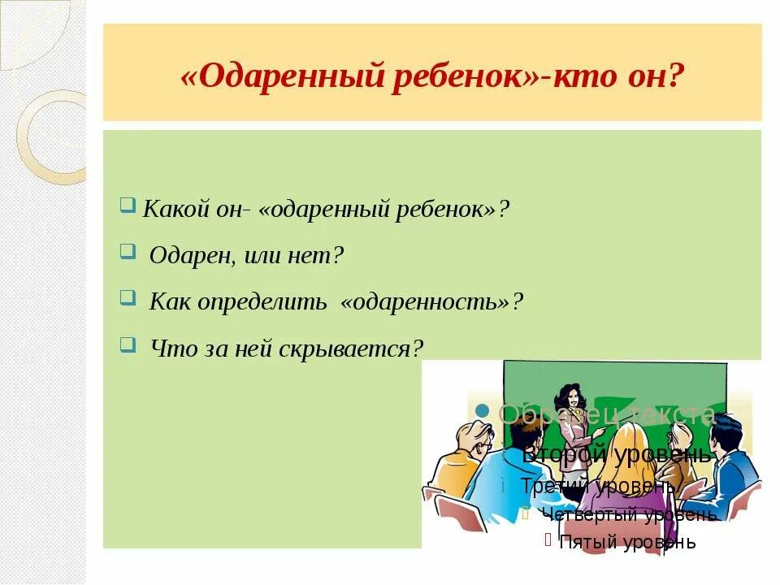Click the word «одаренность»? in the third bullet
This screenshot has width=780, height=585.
432,302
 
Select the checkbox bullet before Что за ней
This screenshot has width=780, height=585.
127,344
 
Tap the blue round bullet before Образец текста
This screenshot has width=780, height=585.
482,410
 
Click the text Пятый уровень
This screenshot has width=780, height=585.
627,542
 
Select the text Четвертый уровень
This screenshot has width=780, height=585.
628,514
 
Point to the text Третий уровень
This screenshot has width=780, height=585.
597,486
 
